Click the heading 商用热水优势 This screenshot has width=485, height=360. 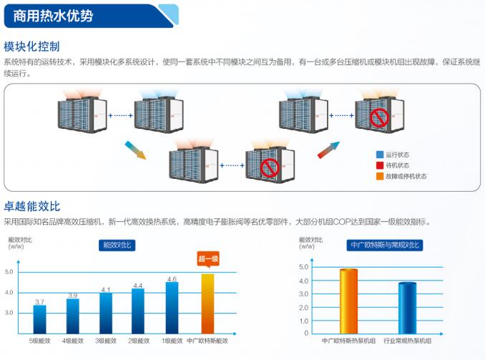(x=53, y=15)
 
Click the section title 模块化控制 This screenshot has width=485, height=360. (x=31, y=47)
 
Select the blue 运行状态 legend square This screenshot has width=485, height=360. (x=380, y=154)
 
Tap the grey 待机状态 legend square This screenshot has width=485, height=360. (x=380, y=165)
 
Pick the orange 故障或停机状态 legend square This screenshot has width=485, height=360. (x=380, y=176)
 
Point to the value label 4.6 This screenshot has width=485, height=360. (x=172, y=279)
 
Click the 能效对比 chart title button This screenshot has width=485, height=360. (x=118, y=245)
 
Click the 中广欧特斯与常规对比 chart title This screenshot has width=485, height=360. (x=385, y=245)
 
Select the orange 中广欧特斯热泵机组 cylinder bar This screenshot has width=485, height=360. (x=348, y=301)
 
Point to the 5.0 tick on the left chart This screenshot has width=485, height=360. (x=9, y=272)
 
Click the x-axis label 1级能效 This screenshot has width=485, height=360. (x=172, y=341)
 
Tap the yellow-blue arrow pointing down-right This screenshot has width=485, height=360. (x=135, y=150)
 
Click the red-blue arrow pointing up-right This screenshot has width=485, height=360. (x=328, y=150)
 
